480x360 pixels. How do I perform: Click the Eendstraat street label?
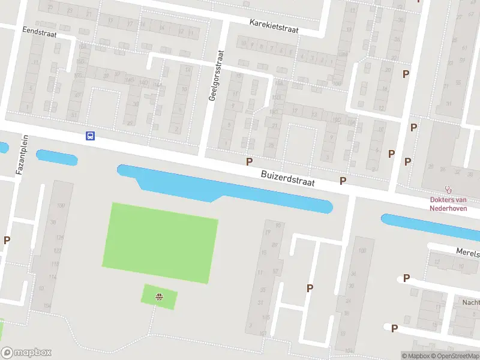point(39,34)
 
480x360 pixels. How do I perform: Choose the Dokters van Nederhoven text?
point(448,204)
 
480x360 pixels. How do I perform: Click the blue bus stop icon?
point(90,136)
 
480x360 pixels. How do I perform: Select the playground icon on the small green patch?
point(160,296)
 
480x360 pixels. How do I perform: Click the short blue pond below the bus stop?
point(57,158)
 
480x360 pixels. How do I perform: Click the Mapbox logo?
point(26,353)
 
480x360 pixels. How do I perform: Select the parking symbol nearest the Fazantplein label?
point(7,240)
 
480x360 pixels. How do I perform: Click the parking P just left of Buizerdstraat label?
point(249,161)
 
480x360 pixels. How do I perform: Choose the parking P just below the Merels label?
point(406,278)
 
